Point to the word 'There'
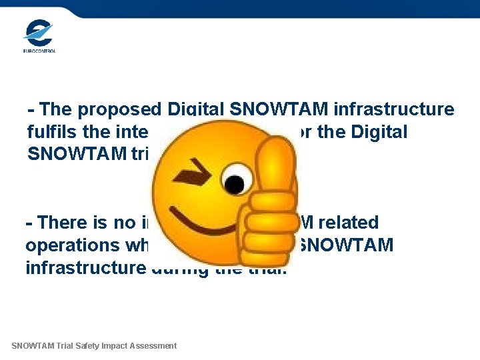point(63,223)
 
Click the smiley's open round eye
point(233,181)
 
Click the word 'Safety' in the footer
point(97,345)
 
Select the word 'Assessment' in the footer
point(155,345)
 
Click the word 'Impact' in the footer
point(122,345)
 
